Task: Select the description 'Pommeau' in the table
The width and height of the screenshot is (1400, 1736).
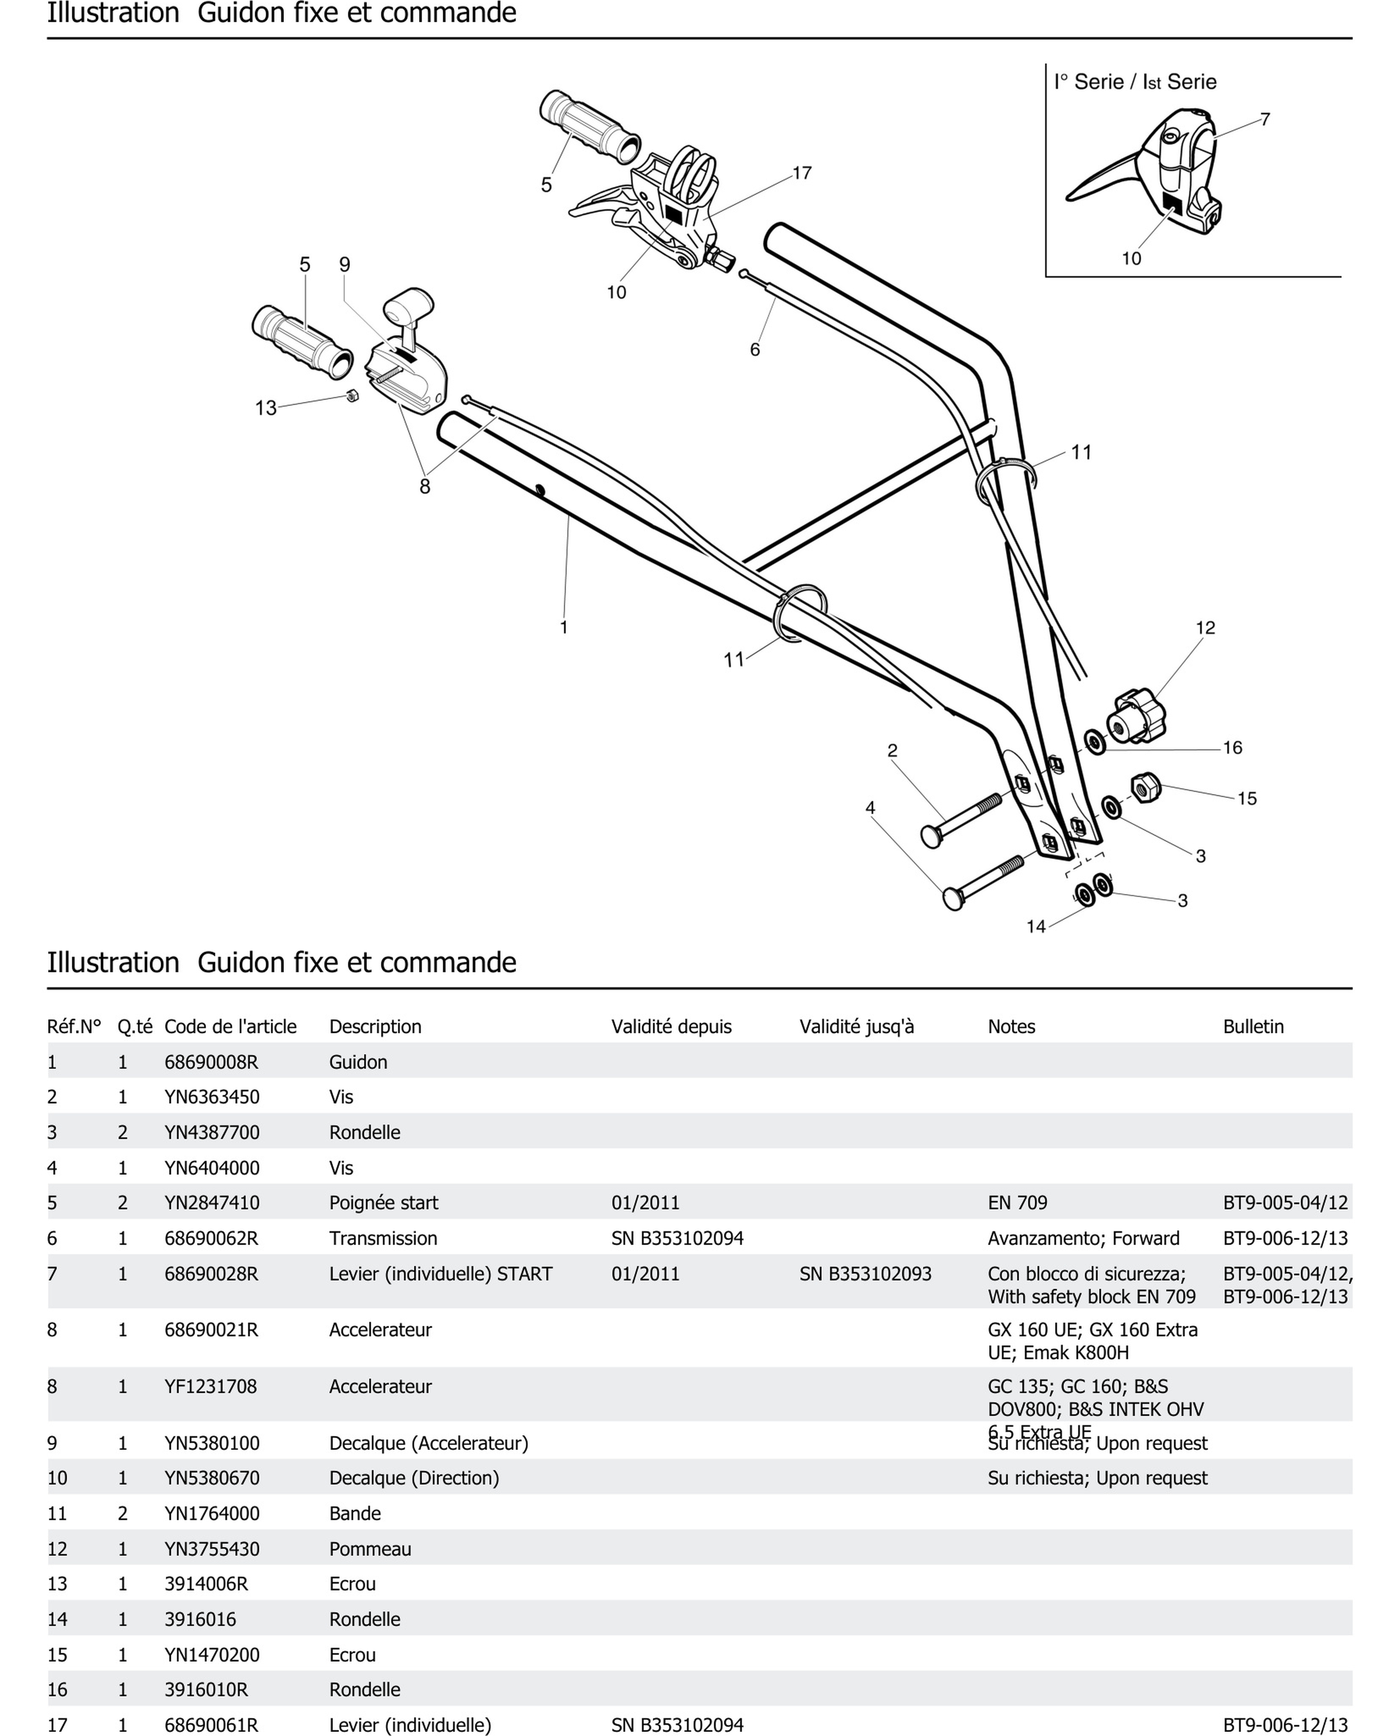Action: point(370,1549)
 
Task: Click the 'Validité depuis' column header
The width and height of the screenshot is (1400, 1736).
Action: point(671,1026)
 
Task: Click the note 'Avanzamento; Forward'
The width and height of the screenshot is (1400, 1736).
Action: point(1083,1238)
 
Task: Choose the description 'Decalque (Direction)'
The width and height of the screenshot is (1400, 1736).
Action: point(414,1478)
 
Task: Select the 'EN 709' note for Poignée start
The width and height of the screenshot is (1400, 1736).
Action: point(1017,1202)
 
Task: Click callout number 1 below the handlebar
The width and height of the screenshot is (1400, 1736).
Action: point(564,628)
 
